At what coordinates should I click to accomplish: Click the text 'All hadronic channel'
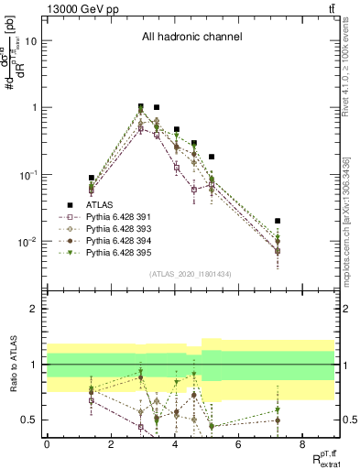click(x=191, y=38)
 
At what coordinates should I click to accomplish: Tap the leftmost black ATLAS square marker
click(x=92, y=178)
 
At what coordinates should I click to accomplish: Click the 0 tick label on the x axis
click(x=47, y=444)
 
